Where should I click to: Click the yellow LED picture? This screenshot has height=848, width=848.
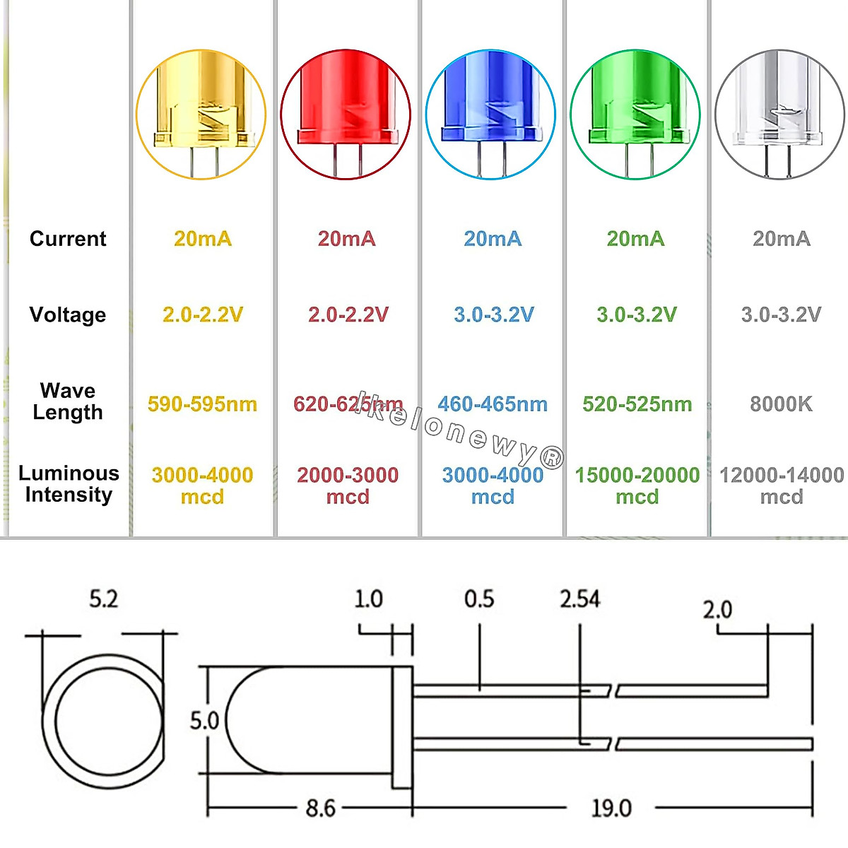coord(201,114)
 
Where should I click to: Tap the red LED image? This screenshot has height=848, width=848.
coord(346,114)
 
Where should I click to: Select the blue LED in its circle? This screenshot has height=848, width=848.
coord(490,114)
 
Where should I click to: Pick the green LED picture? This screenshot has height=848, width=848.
coord(635,114)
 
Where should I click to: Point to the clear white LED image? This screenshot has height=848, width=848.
coord(780,114)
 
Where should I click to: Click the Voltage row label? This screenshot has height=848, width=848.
coord(68,314)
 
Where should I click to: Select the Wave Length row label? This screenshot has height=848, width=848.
coord(68,401)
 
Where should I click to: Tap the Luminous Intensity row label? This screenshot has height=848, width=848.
coord(69,484)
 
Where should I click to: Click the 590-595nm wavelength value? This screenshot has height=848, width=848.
coord(202,404)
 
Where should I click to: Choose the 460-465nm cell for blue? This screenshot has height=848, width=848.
coord(493,404)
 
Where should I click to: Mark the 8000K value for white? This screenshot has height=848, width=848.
coord(781,404)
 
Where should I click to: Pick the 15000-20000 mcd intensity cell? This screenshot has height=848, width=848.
coord(637,485)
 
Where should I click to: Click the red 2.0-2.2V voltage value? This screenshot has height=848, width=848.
coord(348,314)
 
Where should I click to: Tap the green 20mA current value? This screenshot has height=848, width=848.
coord(635,239)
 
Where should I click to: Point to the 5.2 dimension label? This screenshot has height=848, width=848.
coord(103,599)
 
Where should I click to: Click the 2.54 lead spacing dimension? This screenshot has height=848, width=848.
coord(579,599)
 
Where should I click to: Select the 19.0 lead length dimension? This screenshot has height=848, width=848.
coord(611,808)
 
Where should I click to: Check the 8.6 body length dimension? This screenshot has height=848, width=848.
coord(320,808)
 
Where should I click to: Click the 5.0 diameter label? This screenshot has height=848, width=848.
coord(204,721)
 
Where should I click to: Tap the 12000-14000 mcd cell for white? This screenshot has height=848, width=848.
coord(782,485)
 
